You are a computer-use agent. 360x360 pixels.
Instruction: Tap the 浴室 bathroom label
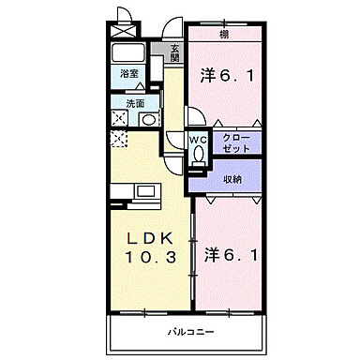click(x=128, y=71)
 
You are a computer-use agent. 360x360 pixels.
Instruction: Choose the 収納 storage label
click(x=232, y=178)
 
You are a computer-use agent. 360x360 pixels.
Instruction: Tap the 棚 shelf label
click(x=224, y=35)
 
